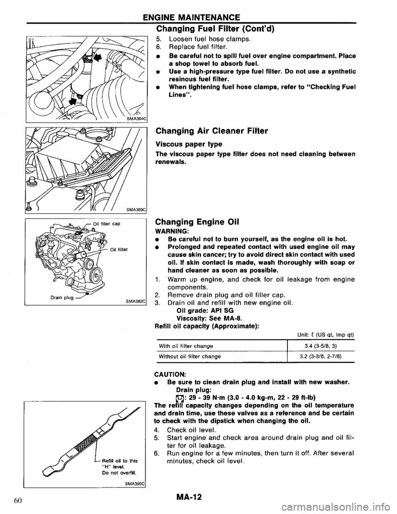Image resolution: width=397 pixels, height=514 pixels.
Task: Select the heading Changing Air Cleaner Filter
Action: click(x=212, y=131)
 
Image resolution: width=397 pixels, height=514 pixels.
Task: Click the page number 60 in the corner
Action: click(x=18, y=502)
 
